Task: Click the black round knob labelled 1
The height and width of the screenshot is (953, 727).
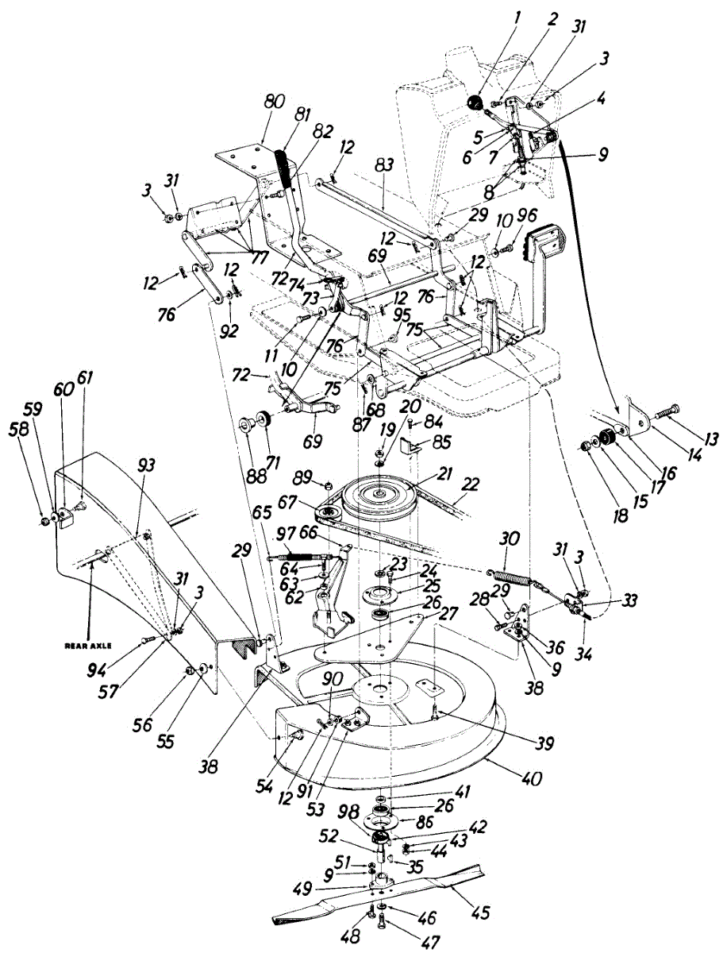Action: (475, 103)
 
